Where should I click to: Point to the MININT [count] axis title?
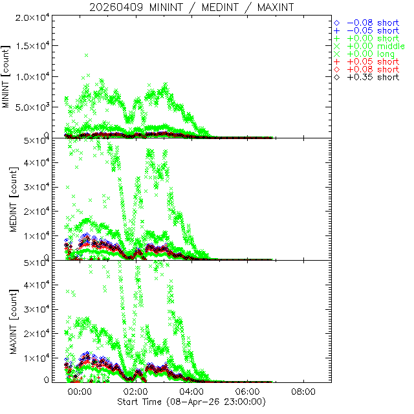[7, 76]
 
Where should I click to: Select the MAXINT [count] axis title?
[7, 321]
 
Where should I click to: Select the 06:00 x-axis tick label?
[248, 392]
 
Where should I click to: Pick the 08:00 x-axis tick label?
[304, 392]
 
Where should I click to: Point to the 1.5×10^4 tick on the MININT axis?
[30, 46]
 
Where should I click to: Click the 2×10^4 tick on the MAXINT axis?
[35, 334]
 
